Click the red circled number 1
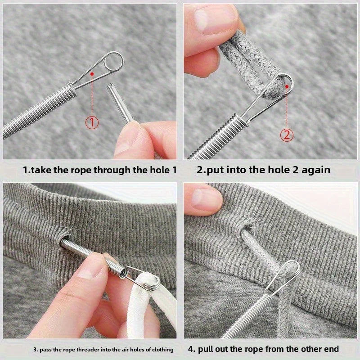pyautogui.click(x=92, y=122)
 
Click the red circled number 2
pyautogui.click(x=287, y=135)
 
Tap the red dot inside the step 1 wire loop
pyautogui.click(x=92, y=73)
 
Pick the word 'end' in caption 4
pyautogui.click(x=331, y=349)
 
